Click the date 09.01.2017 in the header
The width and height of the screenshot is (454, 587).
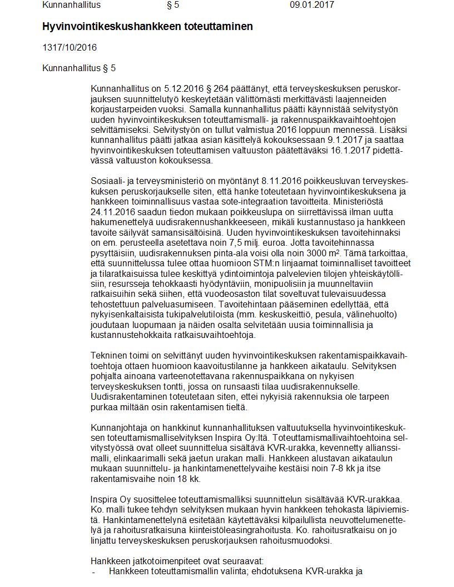click(312, 5)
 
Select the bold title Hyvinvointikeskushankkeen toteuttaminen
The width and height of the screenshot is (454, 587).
click(147, 27)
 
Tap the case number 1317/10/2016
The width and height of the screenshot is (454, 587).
click(70, 47)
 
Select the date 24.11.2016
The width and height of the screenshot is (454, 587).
click(114, 212)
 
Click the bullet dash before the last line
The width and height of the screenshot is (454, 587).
click(93, 571)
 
